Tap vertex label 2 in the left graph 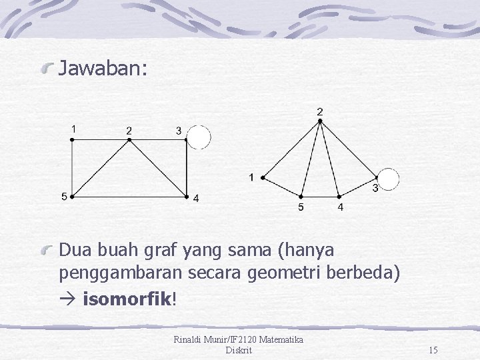tap(129, 130)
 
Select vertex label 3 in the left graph tap(179, 131)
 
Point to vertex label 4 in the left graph tap(195, 198)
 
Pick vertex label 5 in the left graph tap(63, 197)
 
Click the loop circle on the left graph tap(199, 138)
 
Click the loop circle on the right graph tap(387, 179)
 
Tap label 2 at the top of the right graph tap(320, 112)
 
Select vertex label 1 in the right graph tap(251, 177)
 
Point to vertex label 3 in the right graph tap(375, 189)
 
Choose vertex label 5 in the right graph tap(301, 208)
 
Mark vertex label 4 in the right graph tap(341, 208)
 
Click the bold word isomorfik tap(127, 298)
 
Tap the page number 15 tap(433, 350)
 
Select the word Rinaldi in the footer tap(189, 340)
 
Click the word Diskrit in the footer tap(239, 350)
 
